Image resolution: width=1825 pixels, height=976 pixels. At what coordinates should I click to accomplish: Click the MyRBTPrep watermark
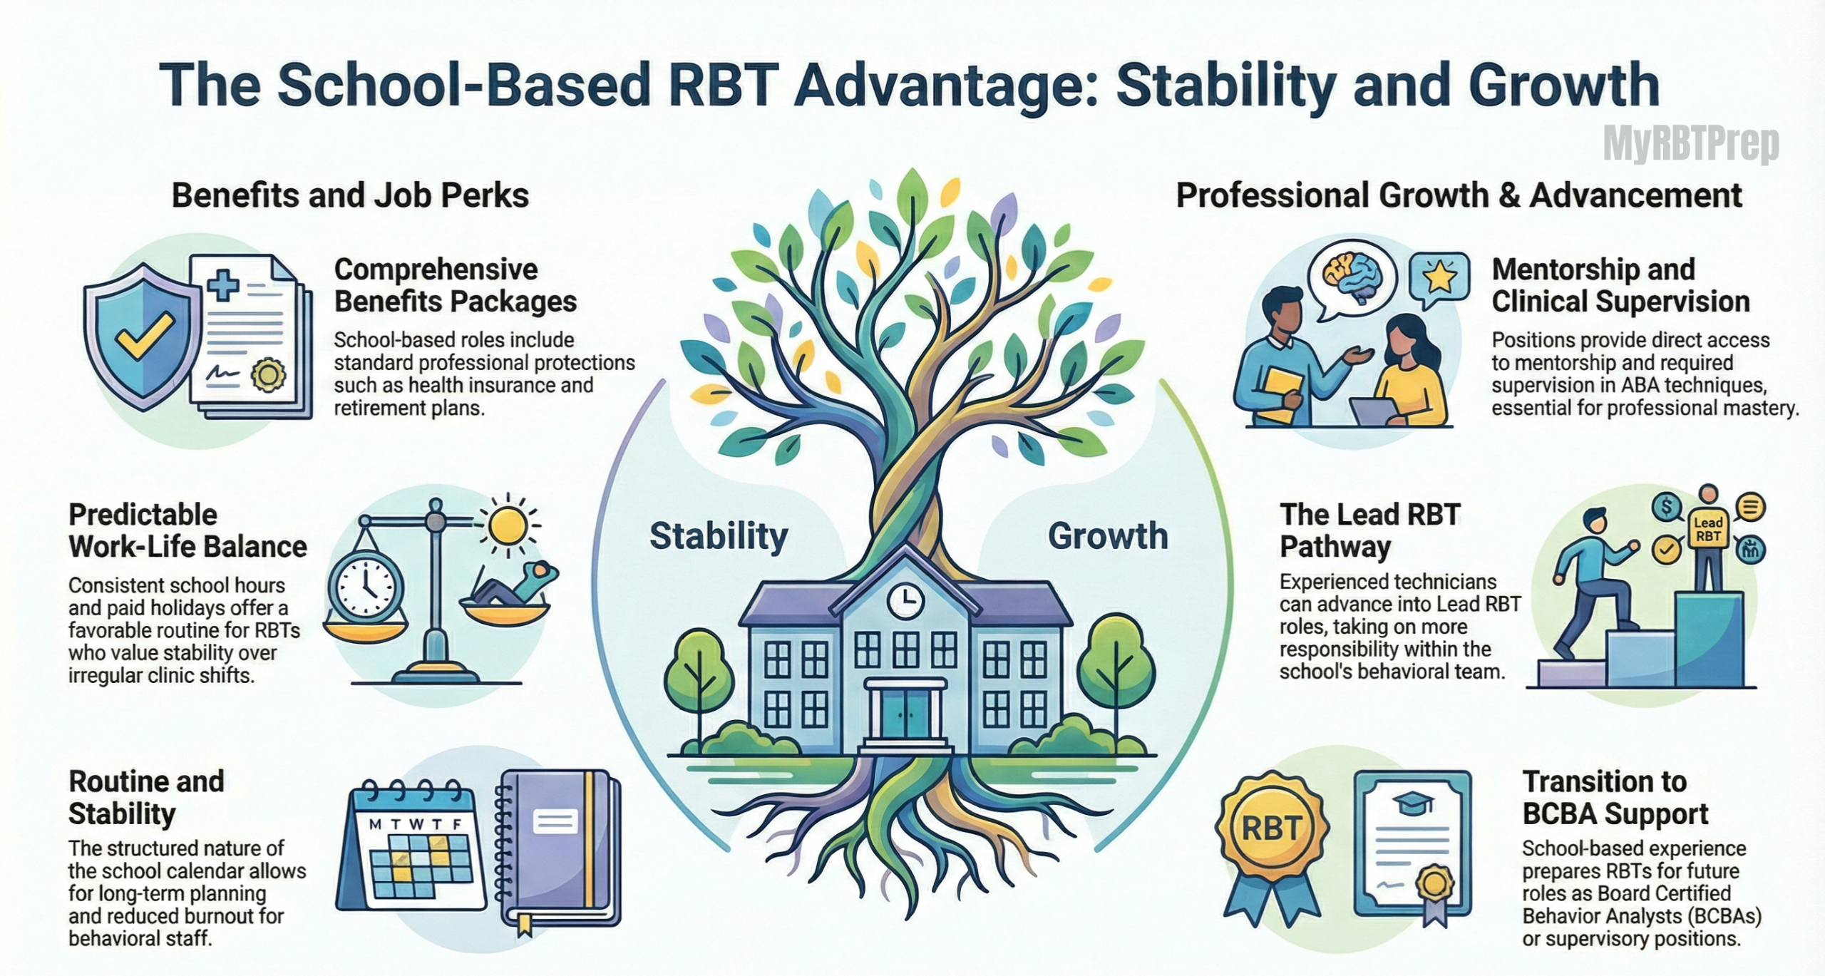(x=1690, y=145)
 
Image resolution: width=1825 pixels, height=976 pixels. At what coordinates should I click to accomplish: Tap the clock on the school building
(x=905, y=601)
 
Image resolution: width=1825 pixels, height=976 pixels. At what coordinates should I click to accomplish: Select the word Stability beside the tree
(x=719, y=536)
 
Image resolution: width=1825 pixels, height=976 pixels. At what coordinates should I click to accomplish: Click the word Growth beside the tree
(x=1108, y=536)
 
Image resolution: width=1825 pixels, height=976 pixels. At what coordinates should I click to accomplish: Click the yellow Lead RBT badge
(x=1708, y=530)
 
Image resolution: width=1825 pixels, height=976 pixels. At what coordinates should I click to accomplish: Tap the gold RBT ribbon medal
(x=1272, y=829)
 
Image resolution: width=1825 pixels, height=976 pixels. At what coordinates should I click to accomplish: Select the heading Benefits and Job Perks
(x=350, y=195)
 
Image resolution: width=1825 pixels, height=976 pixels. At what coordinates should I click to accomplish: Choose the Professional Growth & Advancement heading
(x=1459, y=195)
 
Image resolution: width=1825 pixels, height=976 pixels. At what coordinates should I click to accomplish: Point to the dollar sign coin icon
(x=1666, y=508)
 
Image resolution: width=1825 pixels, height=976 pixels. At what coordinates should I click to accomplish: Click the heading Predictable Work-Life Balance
(x=187, y=530)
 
